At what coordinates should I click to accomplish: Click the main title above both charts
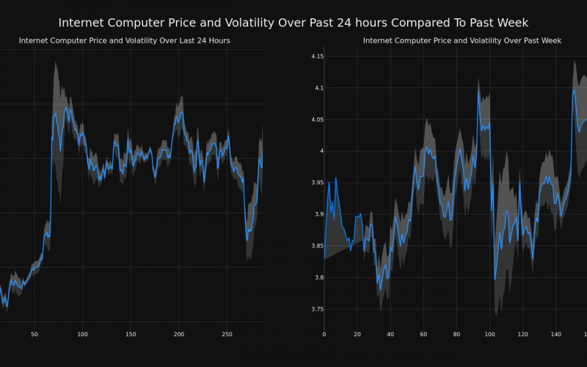pyautogui.click(x=293, y=23)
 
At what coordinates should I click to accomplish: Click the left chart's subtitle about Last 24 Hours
pyautogui.click(x=124, y=40)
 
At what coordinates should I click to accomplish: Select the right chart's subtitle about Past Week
pyautogui.click(x=462, y=40)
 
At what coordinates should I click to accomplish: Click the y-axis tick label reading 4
pyautogui.click(x=318, y=151)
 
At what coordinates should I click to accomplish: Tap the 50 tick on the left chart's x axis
pyautogui.click(x=34, y=335)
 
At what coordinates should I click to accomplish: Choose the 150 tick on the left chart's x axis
pyautogui.click(x=131, y=335)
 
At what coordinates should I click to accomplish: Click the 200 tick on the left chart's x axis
pyautogui.click(x=179, y=335)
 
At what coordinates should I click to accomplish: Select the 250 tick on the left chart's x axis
pyautogui.click(x=227, y=335)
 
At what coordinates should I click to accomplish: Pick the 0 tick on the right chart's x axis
pyautogui.click(x=324, y=335)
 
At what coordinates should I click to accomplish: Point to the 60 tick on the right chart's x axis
pyautogui.click(x=423, y=335)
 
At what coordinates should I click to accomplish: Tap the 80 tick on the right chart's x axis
pyautogui.click(x=456, y=335)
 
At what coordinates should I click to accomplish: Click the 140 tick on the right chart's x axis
pyautogui.click(x=555, y=335)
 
